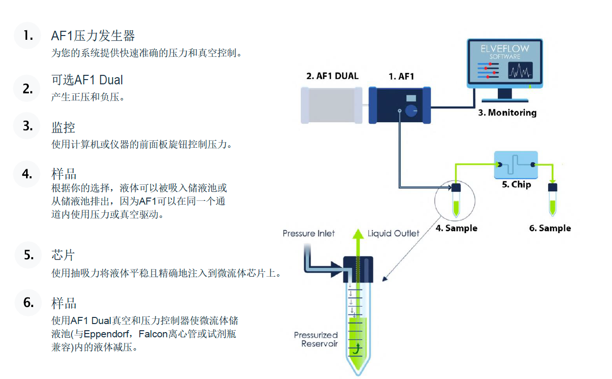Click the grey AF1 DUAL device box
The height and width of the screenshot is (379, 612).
pos(332,105)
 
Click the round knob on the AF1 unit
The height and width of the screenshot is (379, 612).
pos(411,111)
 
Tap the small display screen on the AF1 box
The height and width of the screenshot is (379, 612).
pos(411,98)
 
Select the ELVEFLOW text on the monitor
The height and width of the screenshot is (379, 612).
pos(504,49)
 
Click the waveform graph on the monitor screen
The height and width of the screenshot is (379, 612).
pos(520,70)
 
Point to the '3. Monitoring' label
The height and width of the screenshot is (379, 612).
pos(507,113)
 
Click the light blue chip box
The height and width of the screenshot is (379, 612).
pos(516,165)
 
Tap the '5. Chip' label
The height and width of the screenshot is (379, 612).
pos(516,184)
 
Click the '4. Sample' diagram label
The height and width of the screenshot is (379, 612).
pos(456,228)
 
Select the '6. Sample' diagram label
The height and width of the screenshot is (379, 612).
pos(550,228)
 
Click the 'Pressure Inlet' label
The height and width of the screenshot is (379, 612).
pos(308,234)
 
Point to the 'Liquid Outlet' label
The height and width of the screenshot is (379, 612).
pos(393,234)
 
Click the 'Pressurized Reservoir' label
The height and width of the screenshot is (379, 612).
pos(316,339)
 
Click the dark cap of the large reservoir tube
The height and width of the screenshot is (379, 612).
pos(358,269)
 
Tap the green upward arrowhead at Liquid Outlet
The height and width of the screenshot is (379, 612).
pos(358,234)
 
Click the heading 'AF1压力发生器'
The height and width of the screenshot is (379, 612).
pos(93,36)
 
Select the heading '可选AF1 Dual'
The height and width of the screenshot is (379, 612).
pos(87,80)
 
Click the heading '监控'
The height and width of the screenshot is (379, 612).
pos(63,127)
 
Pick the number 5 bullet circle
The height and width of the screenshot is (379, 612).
pos(28,255)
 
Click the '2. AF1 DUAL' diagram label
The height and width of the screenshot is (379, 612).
pos(332,76)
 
